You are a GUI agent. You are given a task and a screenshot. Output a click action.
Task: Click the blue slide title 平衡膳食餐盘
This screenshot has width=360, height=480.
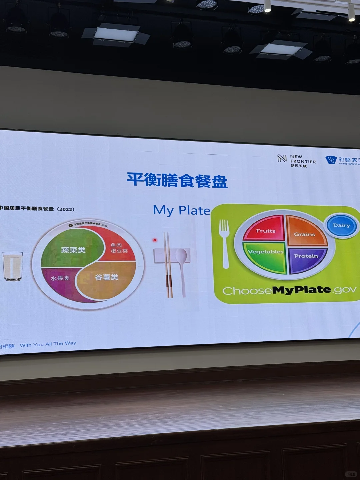tap(177, 180)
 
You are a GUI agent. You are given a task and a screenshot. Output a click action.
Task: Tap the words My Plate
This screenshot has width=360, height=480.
tap(182, 210)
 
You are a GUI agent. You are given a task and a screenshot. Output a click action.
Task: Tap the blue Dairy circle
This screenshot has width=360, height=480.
tap(341, 226)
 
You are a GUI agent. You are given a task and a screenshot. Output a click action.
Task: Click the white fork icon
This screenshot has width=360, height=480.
tap(224, 243)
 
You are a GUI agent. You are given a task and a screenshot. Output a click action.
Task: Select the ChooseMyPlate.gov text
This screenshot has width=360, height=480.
tap(289, 290)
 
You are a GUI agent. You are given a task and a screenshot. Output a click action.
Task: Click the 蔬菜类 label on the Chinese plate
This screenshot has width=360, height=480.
tap(73, 250)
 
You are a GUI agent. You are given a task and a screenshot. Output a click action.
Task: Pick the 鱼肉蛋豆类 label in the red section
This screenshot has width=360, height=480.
tap(119, 248)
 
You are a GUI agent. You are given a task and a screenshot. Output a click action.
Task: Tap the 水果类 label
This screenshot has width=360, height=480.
tap(60, 278)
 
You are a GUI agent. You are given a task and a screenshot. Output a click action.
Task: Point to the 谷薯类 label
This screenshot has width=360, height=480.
tap(106, 277)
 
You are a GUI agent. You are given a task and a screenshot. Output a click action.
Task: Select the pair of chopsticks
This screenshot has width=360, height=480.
tap(168, 265)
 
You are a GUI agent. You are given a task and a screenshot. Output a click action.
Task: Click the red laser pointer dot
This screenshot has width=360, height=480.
tap(155, 240)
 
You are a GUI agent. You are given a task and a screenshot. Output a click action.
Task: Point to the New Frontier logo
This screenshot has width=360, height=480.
tap(296, 161)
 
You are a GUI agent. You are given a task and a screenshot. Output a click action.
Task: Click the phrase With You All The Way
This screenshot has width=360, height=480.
tap(48, 344)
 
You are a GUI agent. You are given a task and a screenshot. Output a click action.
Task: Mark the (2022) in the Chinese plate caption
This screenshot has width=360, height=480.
tap(65, 209)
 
